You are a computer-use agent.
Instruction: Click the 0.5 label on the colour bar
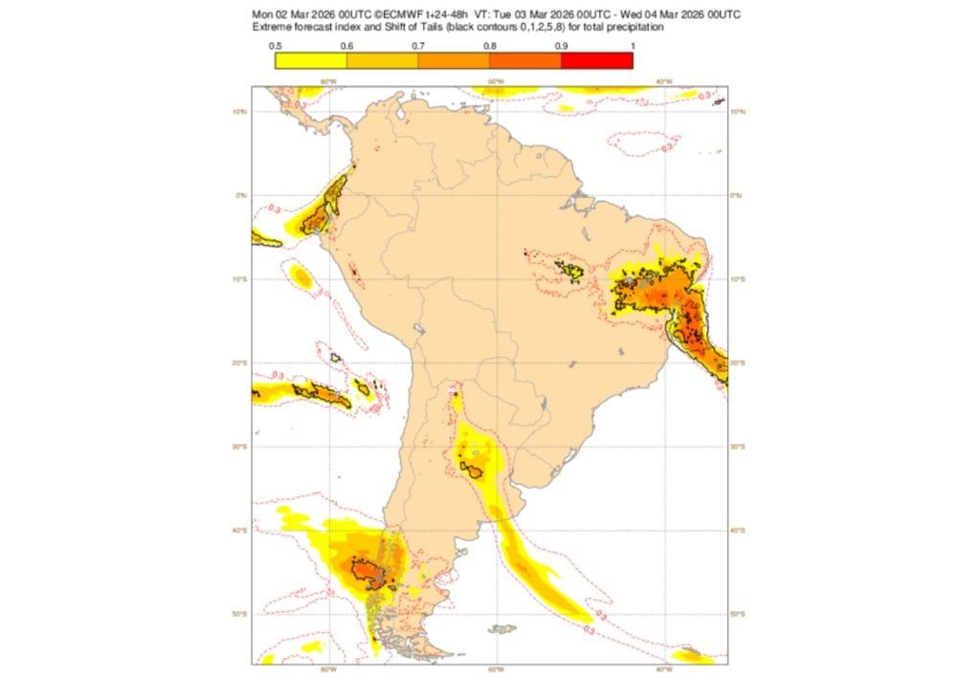point(275,46)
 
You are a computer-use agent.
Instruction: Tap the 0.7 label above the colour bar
point(418,46)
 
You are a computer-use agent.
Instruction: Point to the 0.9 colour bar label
point(561,46)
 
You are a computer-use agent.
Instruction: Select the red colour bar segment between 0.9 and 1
point(596,61)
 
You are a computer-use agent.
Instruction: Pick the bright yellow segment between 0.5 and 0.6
point(310,61)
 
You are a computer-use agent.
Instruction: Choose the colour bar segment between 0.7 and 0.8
point(454,61)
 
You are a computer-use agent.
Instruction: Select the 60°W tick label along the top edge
point(496,81)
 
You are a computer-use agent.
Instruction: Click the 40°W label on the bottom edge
point(663,669)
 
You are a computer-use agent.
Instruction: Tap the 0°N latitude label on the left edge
point(243,195)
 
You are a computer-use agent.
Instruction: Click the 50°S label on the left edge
point(243,613)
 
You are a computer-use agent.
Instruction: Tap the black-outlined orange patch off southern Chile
point(368,572)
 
